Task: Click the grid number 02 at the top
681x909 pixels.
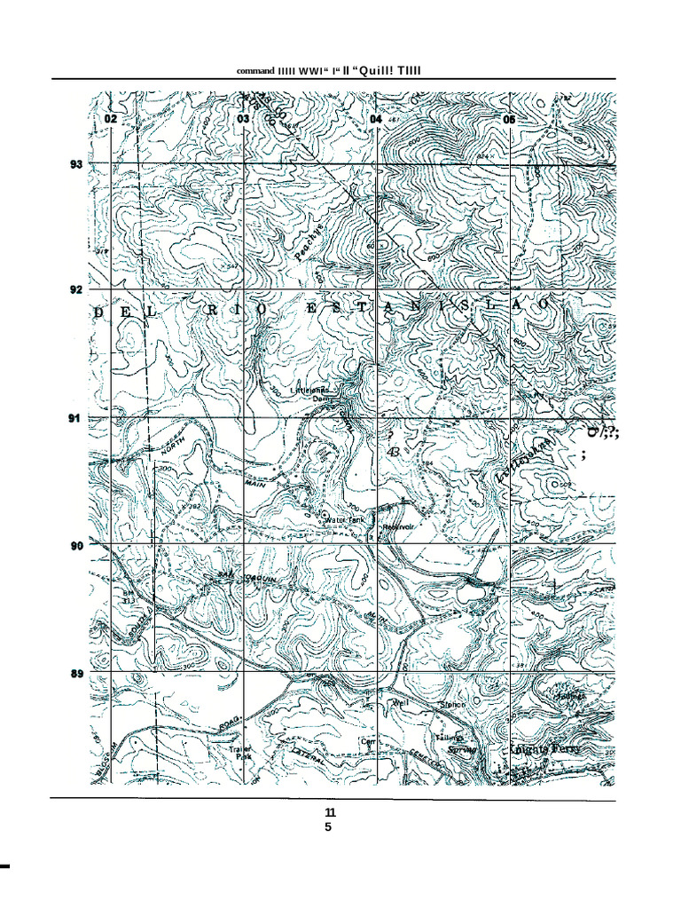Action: [110, 119]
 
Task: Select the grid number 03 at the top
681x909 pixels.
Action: [242, 119]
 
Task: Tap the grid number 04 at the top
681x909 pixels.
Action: [376, 119]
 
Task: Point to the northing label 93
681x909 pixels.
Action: [76, 164]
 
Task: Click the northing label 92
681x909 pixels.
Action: [76, 289]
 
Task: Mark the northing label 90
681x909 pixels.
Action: [76, 545]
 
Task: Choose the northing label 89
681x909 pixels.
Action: [76, 674]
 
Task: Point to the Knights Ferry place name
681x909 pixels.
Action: [546, 748]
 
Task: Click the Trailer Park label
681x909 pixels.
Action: [240, 753]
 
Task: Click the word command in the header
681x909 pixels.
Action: [254, 70]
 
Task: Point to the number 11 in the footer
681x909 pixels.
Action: [330, 812]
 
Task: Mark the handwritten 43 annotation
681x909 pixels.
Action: [392, 452]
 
